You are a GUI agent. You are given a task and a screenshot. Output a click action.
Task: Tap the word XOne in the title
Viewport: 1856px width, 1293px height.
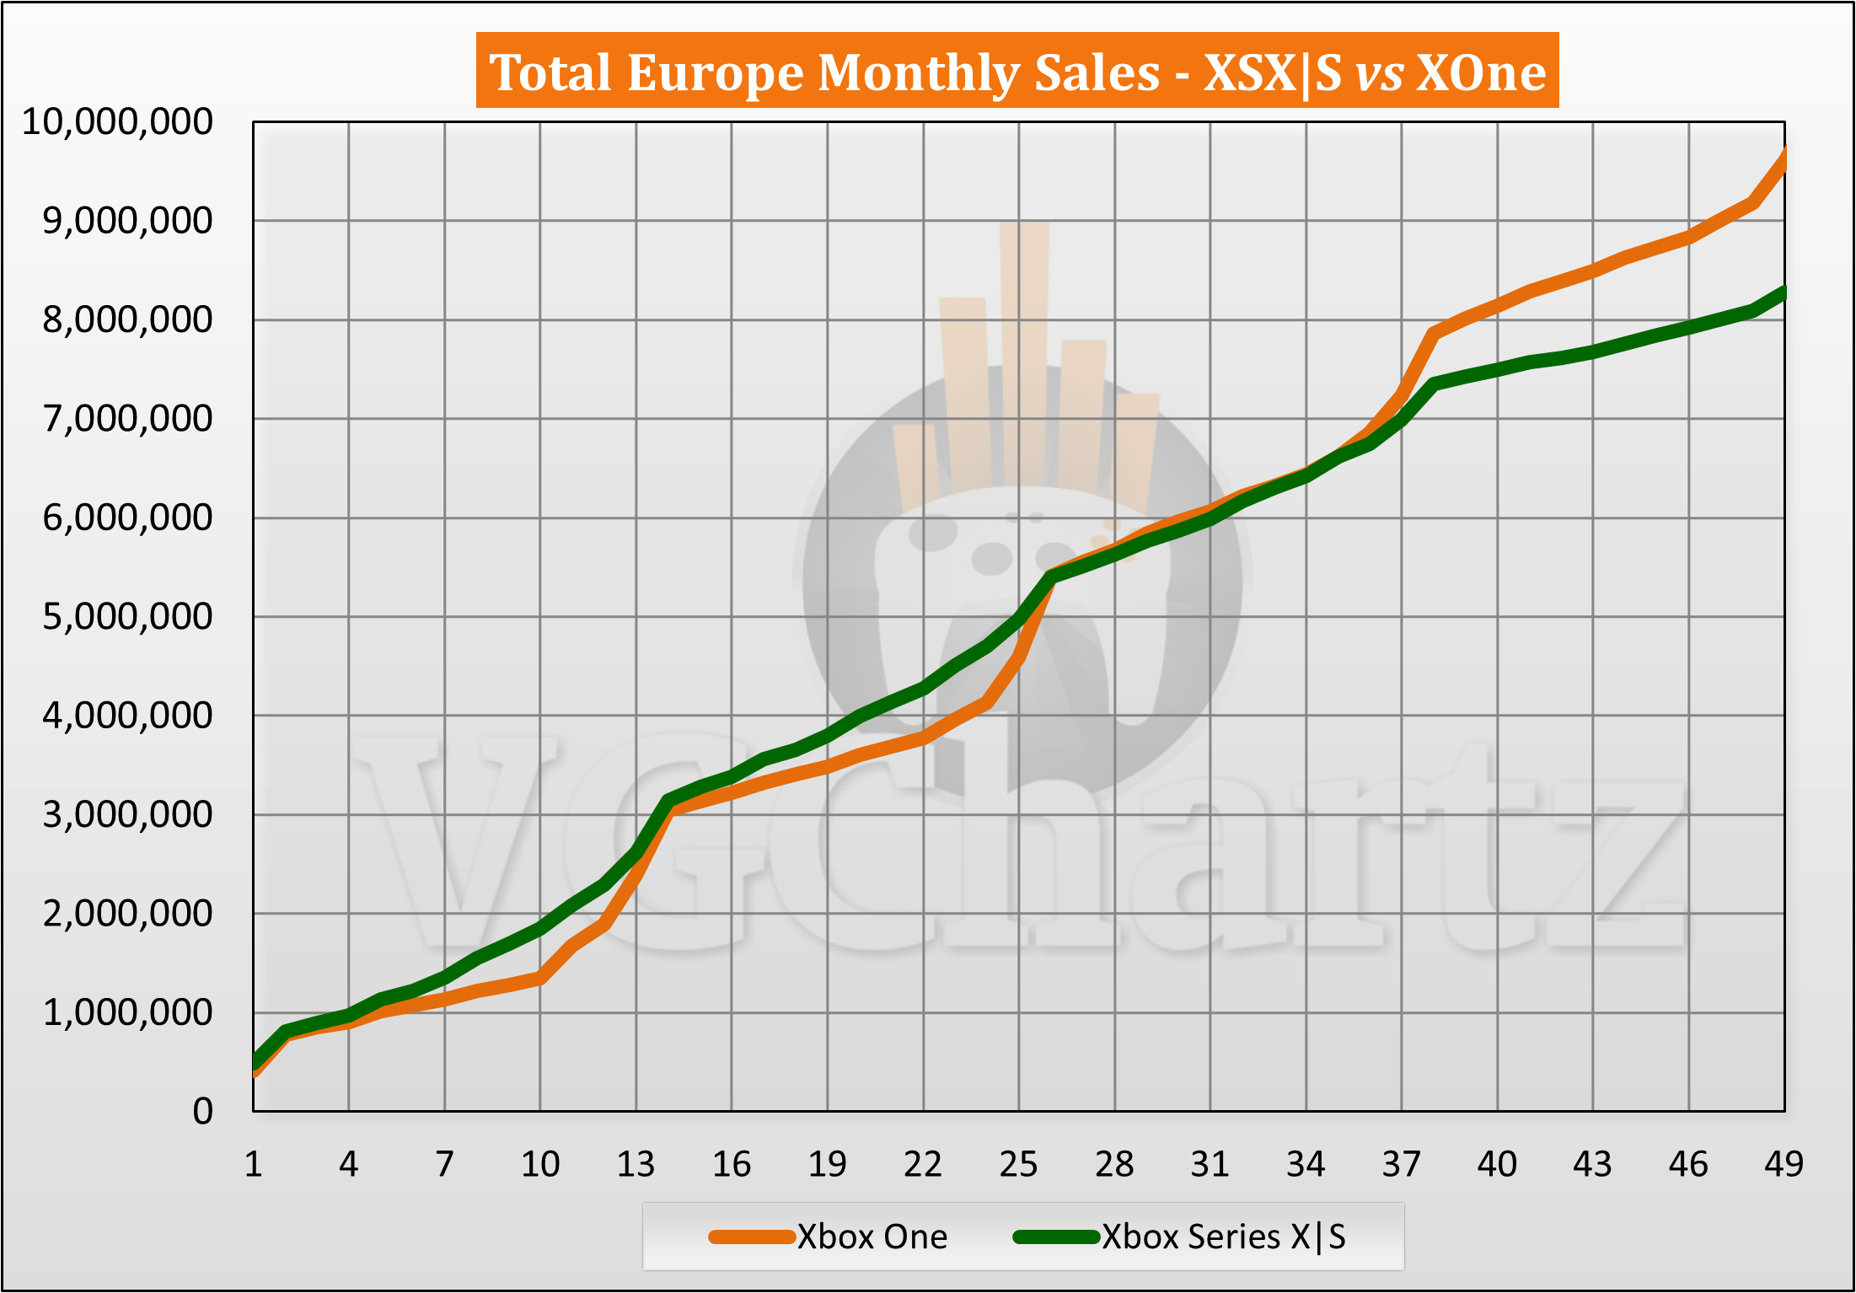(x=1481, y=72)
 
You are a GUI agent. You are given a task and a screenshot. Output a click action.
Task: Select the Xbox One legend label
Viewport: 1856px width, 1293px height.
(x=872, y=1237)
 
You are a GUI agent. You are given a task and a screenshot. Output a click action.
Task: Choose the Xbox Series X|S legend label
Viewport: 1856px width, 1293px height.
(x=1224, y=1237)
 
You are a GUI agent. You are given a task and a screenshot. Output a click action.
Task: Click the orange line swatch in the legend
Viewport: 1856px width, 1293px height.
(x=752, y=1237)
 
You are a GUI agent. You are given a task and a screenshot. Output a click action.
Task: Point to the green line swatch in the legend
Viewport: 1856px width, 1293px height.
(x=1057, y=1237)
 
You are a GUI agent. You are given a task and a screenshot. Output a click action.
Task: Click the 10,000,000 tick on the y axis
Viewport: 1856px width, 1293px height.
(x=117, y=122)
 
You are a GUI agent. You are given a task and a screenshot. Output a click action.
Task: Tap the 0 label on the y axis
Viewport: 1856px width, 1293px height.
(x=202, y=1112)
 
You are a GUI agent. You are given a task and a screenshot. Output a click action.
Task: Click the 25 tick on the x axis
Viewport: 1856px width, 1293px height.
(x=1018, y=1165)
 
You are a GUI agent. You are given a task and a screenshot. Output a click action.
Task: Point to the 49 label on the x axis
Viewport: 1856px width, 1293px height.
(x=1784, y=1165)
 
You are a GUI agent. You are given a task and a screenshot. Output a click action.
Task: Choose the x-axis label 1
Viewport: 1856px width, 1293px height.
(x=253, y=1165)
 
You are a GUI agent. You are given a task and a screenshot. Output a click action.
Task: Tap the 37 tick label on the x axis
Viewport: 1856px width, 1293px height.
(x=1401, y=1165)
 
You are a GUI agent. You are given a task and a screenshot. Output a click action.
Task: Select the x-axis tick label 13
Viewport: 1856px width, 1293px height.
(x=636, y=1165)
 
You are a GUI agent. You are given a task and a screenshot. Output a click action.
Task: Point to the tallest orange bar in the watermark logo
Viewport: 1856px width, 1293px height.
(x=1025, y=354)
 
